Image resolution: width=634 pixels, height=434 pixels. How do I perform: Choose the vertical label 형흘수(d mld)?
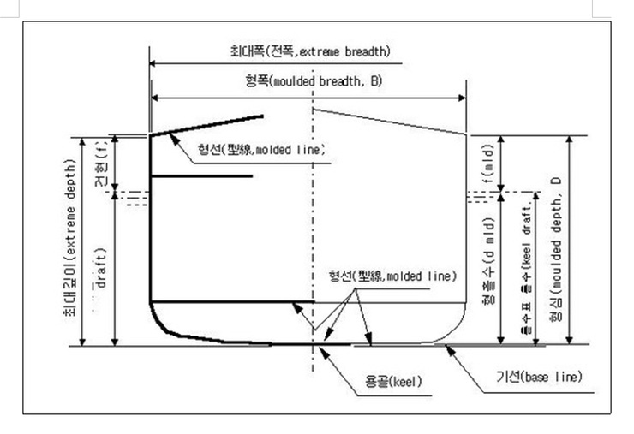point(485,272)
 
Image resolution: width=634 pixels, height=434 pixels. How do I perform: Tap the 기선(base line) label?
point(540,377)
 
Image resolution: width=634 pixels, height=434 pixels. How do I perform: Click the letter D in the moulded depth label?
point(557,184)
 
